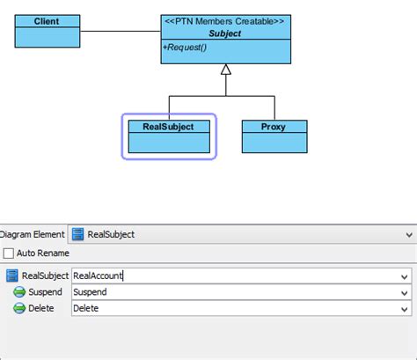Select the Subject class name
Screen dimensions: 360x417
tap(226, 33)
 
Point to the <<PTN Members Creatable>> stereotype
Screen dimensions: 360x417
tap(226, 21)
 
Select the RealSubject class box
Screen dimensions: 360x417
tap(168, 136)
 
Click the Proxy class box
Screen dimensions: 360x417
tap(275, 136)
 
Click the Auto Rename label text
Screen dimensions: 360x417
tap(43, 253)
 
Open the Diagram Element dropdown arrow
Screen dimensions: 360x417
tap(408, 235)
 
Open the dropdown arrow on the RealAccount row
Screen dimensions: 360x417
tap(404, 275)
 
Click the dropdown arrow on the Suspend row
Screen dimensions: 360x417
tap(404, 291)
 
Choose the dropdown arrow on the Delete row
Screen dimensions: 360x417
tap(404, 308)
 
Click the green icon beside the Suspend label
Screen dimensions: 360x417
tap(18, 291)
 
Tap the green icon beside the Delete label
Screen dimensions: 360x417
tap(18, 308)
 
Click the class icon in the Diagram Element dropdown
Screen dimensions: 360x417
tap(78, 235)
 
